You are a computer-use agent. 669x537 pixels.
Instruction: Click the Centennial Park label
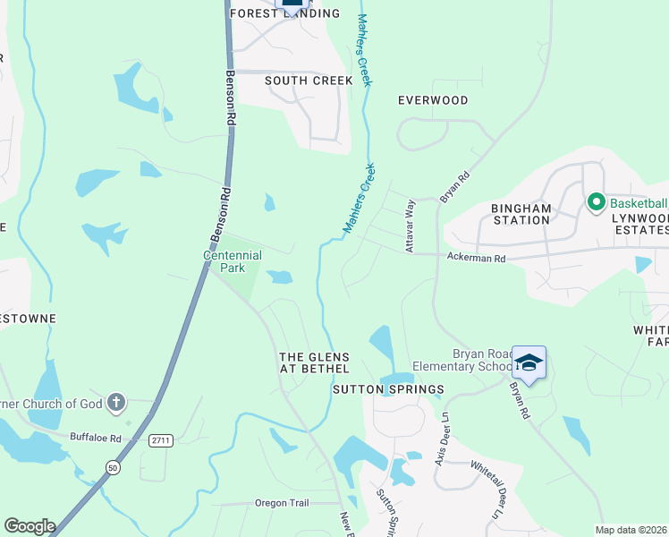coord(233,261)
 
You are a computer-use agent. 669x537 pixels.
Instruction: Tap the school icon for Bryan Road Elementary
coord(529,362)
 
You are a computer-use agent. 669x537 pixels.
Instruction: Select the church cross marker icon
coord(115,403)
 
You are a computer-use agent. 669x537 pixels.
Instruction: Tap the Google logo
coord(30,526)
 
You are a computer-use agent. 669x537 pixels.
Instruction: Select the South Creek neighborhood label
coord(309,81)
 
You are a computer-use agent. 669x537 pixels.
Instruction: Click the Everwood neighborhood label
coord(433,100)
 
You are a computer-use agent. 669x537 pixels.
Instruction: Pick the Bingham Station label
coord(521,214)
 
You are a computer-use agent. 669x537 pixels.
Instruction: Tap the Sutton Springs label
coord(388,389)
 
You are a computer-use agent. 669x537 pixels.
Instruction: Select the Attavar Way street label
coord(411,226)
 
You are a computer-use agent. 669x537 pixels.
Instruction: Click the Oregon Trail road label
coord(282,503)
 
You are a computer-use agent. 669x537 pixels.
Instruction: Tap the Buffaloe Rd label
coord(95,438)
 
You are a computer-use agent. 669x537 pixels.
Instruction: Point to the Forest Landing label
coord(285,13)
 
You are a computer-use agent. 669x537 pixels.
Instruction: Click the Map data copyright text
coord(631,530)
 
